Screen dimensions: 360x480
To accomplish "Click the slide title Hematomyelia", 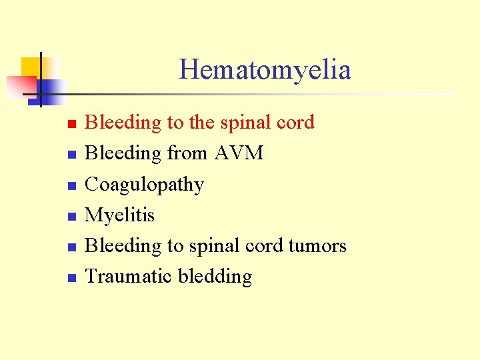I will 265,70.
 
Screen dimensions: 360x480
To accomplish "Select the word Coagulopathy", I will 144,185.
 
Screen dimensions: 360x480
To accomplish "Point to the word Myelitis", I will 119,215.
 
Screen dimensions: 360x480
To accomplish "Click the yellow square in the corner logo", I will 32,67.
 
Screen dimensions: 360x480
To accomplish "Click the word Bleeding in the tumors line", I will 123,246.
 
